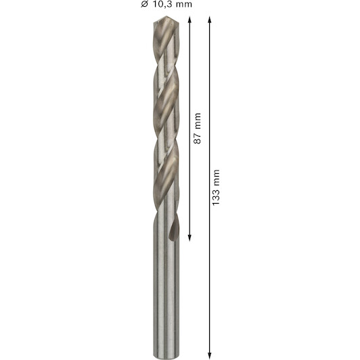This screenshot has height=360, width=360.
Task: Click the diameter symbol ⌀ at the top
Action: [x=144, y=4]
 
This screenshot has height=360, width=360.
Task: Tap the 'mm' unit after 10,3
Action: [x=183, y=5]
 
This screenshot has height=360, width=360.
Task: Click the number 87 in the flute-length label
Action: [x=197, y=139]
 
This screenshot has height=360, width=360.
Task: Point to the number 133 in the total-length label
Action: [x=216, y=197]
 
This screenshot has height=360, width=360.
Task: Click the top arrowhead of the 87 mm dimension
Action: [x=189, y=20]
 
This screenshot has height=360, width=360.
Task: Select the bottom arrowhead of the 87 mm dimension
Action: [x=189, y=238]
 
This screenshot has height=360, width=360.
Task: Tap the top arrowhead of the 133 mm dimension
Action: [x=209, y=20]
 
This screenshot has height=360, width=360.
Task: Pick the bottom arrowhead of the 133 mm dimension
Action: [x=209, y=355]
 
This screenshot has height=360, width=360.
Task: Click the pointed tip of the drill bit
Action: [x=166, y=16]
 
